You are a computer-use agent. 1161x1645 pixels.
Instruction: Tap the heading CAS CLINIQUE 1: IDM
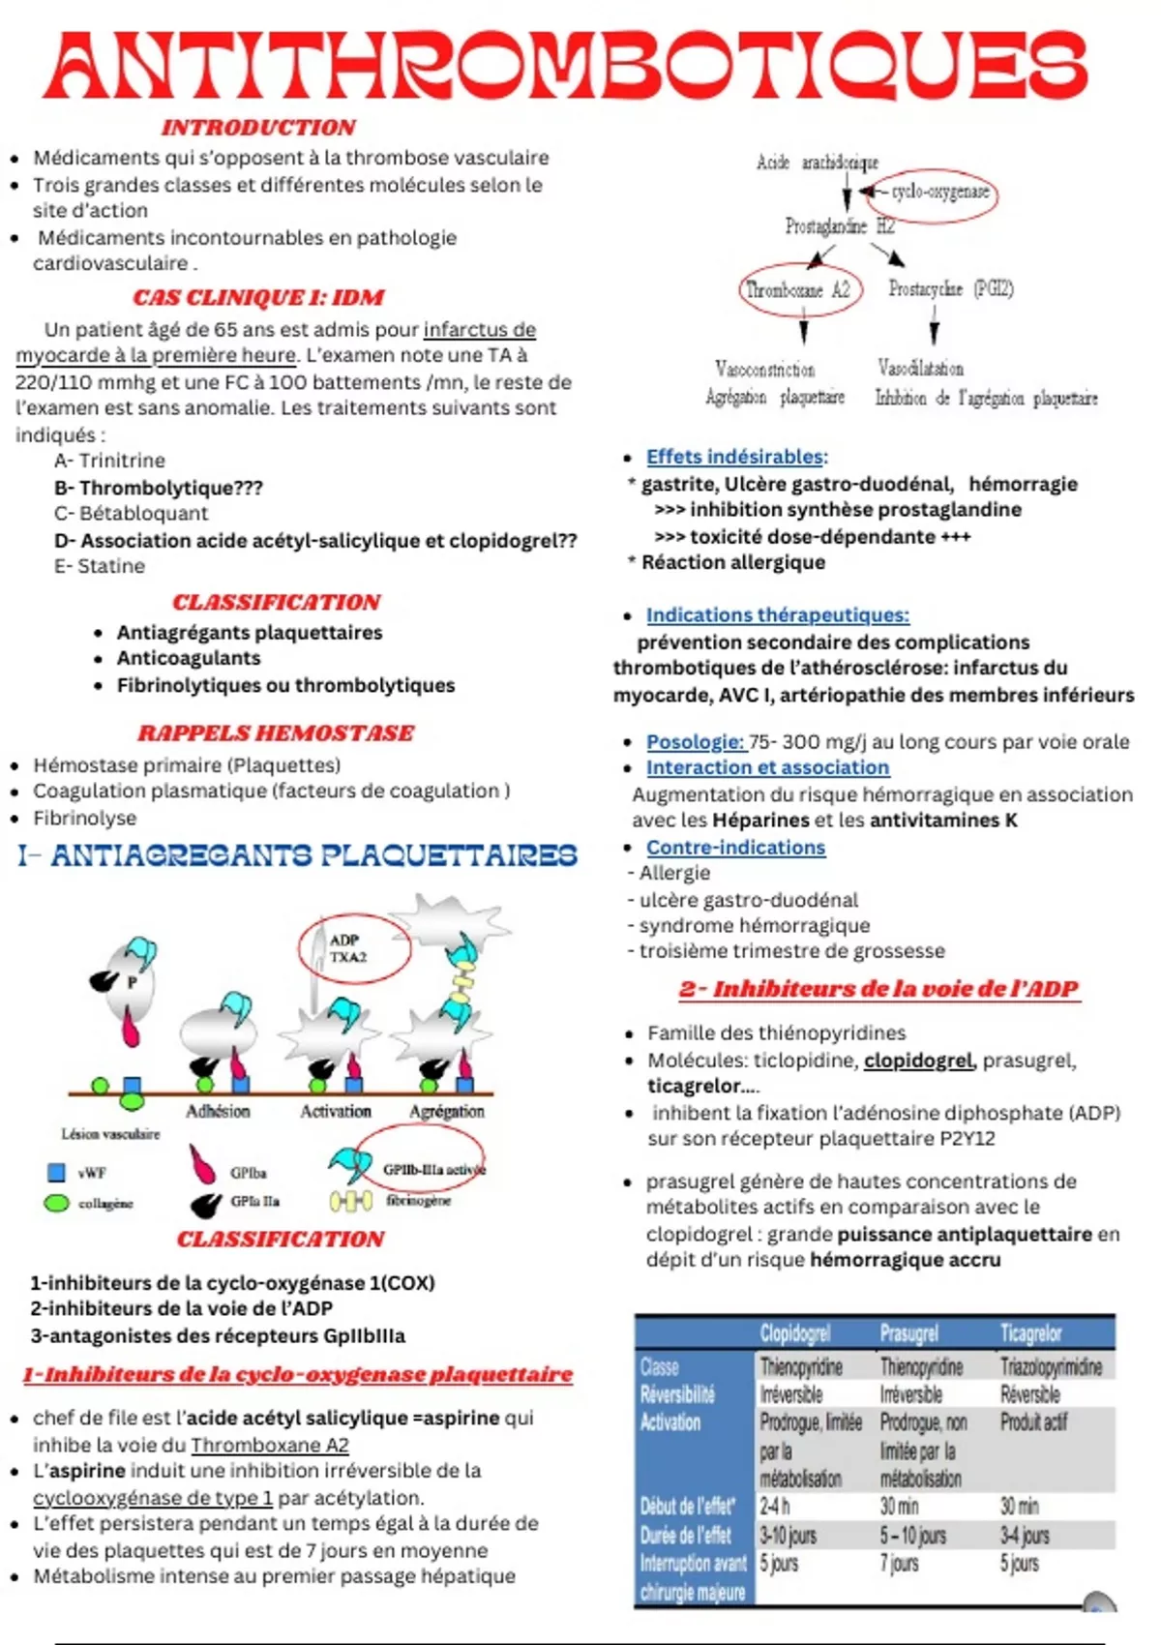coord(258,297)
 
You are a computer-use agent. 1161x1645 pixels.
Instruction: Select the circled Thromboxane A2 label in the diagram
coord(799,290)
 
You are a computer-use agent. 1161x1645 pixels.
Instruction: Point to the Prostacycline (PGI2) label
coord(950,288)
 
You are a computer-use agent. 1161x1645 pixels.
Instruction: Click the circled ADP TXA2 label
coord(349,949)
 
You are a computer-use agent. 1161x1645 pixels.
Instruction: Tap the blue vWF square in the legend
coord(57,1173)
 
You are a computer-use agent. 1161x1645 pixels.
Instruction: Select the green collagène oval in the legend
coord(57,1203)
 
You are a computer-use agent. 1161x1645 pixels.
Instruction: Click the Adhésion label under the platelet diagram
coord(218,1112)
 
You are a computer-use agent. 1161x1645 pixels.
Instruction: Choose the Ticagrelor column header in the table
coord(1030,1333)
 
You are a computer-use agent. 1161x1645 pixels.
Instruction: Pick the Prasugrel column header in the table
coord(908,1333)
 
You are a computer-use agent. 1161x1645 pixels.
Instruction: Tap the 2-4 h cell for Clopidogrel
coord(775,1507)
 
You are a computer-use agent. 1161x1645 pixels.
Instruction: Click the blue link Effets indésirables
coord(735,457)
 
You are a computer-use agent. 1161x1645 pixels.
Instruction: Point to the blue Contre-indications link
coord(735,848)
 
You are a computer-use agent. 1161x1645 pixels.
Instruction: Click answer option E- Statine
coord(100,566)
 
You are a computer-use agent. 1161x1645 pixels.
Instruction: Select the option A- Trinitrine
coord(109,461)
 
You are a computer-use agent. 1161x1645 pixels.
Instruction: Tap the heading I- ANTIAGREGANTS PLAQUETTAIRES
coord(297,855)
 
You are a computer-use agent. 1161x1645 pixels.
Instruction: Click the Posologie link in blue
coord(695,742)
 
